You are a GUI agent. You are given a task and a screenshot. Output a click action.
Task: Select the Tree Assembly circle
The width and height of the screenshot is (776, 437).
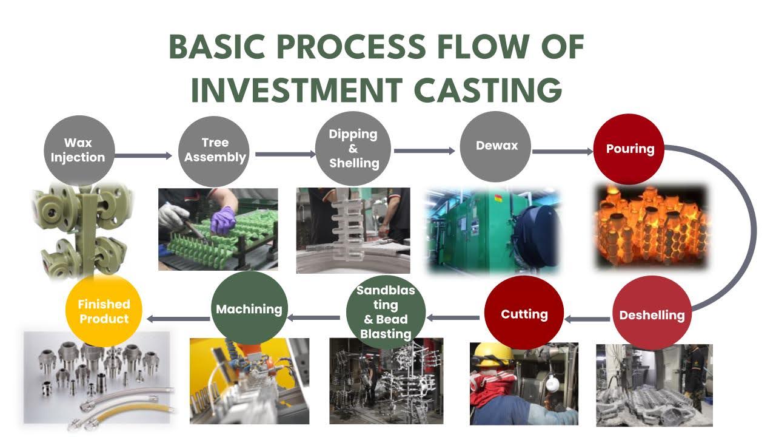[215, 151]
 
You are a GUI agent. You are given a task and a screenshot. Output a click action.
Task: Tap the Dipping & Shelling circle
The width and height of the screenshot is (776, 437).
[353, 149]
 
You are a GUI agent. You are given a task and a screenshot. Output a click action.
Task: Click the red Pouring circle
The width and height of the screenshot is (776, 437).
[629, 149]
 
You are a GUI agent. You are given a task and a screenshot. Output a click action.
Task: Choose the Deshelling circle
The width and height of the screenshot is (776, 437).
[652, 315]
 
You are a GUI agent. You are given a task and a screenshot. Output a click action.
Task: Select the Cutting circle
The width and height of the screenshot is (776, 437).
[524, 314]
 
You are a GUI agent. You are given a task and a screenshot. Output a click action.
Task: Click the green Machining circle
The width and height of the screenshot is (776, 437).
[249, 309]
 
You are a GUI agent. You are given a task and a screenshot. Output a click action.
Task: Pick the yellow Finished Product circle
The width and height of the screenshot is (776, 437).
[104, 311]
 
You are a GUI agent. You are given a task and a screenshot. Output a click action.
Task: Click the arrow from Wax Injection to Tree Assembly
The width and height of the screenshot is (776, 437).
[143, 156]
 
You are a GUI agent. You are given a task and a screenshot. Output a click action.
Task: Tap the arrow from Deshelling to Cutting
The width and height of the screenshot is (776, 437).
[587, 319]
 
